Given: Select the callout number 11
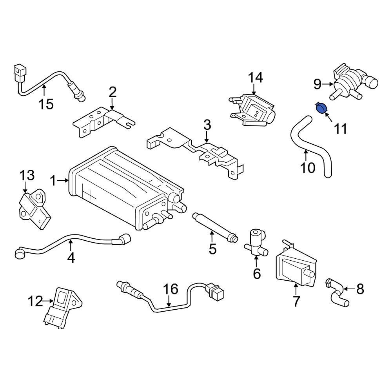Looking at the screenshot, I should coord(340,128).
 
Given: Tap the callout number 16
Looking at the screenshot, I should coord(171,289).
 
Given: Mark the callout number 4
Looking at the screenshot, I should coord(71,258).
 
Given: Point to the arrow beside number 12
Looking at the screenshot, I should coord(49,301).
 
